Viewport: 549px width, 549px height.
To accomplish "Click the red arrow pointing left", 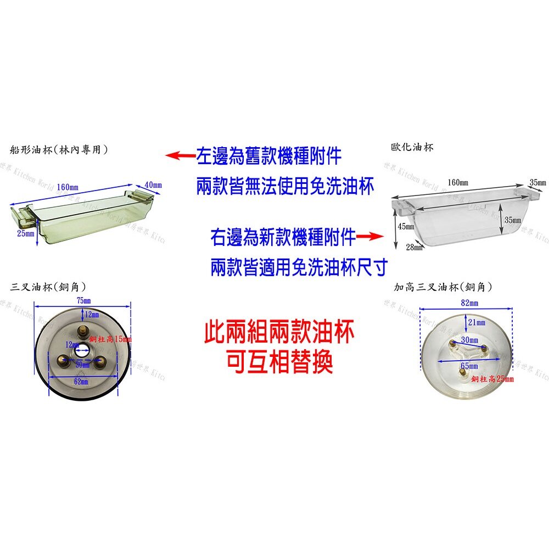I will point(181,156).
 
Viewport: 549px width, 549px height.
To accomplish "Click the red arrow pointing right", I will point(369,237).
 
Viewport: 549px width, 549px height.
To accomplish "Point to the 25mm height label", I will point(25,233).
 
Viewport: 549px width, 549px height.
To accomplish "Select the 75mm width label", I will point(83,300).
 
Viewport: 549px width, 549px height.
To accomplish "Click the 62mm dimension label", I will point(81,381).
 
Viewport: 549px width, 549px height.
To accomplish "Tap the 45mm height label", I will point(406,227).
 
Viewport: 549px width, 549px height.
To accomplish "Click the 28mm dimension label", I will point(414,247).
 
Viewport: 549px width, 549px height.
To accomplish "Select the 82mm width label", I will point(470,303).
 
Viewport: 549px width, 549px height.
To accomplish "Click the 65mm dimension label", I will point(469,366).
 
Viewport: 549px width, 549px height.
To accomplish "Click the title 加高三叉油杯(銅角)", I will point(443,287).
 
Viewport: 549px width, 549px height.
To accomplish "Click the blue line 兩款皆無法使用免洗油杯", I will point(285,187).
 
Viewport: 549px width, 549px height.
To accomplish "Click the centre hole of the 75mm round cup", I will point(84,349).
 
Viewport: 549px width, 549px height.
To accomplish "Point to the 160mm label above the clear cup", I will point(458,182).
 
